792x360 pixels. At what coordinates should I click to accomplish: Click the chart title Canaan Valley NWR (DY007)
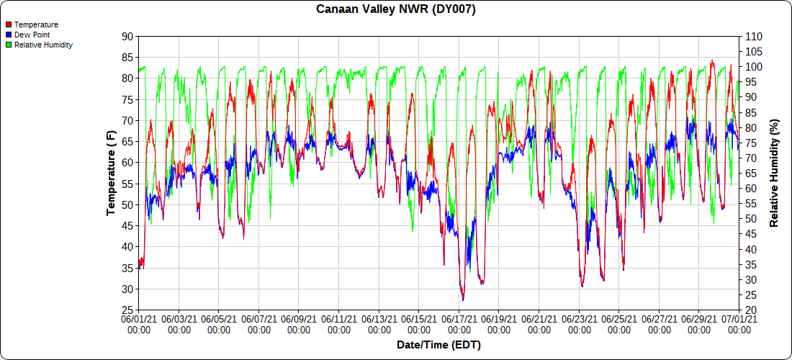(x=396, y=9)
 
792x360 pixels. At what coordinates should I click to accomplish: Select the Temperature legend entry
(x=36, y=24)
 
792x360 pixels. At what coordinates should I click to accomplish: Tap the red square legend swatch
(x=9, y=24)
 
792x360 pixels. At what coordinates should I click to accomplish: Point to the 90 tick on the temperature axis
(x=127, y=36)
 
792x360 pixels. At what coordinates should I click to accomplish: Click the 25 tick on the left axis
(x=127, y=310)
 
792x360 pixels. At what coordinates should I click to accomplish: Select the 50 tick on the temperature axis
(x=127, y=204)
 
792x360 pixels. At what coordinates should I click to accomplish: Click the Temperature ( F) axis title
(x=111, y=173)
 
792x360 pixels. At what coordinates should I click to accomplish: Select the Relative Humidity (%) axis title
(x=775, y=173)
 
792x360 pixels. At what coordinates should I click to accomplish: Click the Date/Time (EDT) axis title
(x=438, y=345)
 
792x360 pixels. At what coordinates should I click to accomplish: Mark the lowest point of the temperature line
(x=463, y=300)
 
